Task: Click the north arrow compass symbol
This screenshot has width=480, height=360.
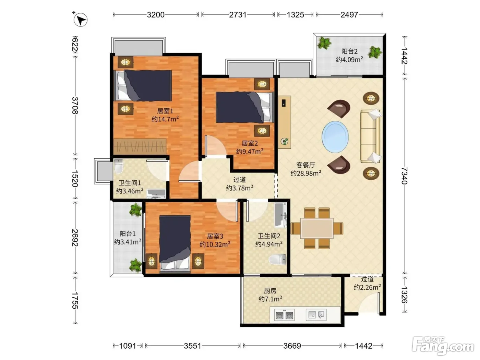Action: (x=80, y=20)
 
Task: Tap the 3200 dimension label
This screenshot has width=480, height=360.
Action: (x=155, y=15)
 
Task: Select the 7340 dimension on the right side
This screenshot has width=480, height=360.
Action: (x=405, y=176)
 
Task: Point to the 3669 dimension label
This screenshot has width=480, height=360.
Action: (x=292, y=346)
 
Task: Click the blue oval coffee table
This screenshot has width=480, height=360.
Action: (x=335, y=137)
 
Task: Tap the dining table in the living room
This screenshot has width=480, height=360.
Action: (x=317, y=228)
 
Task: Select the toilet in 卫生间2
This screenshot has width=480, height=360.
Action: (x=277, y=260)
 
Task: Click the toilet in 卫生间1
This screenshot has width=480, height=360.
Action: (x=119, y=166)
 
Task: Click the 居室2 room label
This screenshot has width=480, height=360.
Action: (x=250, y=143)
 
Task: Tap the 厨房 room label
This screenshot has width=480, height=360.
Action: (x=270, y=291)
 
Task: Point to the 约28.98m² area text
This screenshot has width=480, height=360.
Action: (x=306, y=173)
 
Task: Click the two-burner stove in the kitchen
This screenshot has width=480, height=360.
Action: (x=284, y=315)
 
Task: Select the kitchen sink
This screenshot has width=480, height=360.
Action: (x=316, y=315)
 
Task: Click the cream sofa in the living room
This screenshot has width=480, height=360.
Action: (x=371, y=136)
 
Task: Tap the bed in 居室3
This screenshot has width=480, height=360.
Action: (x=175, y=244)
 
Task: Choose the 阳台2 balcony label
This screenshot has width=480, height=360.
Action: (x=349, y=51)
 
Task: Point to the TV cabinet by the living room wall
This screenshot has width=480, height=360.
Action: (x=284, y=122)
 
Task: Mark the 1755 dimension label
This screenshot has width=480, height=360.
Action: (x=75, y=300)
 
